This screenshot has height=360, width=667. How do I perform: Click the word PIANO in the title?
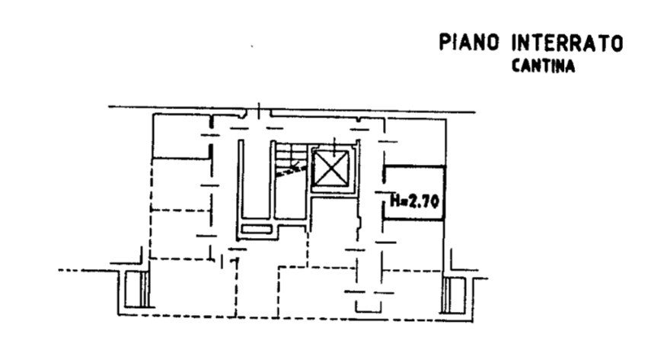pos(469,43)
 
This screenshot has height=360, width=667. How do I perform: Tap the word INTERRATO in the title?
pos(567,43)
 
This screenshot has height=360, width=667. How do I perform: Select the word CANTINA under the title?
pos(543,66)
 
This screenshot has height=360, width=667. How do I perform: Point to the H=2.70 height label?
pos(415,201)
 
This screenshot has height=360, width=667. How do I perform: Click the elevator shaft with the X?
pos(331,169)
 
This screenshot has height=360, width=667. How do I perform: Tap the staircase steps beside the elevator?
pos(290,158)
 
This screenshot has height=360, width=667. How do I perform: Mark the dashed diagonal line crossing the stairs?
pos(291,170)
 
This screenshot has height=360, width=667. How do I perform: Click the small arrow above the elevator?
pos(335,146)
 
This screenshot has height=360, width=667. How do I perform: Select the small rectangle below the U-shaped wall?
pos(257,230)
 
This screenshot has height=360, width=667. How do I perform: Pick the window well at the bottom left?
pos(136,289)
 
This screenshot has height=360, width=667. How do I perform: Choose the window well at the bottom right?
pos(455,295)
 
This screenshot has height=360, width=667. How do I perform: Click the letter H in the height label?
pos(394,201)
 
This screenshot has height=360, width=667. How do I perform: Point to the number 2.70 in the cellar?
pos(423,201)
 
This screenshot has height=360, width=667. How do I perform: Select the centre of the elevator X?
pos(331,169)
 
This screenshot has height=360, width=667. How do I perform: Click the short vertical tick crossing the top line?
pos(259,110)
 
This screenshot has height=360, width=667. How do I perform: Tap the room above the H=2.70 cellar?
pos(415,142)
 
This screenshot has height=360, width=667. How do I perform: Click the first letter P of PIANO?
pos(444,43)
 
